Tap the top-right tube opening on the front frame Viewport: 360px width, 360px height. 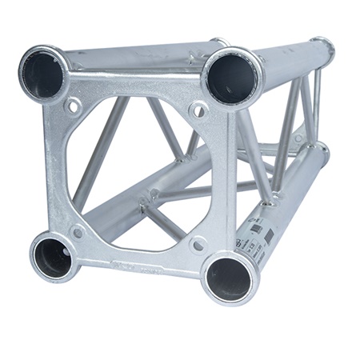(232, 78)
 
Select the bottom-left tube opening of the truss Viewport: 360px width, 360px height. (54, 255)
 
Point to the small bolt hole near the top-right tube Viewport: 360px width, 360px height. (197, 109)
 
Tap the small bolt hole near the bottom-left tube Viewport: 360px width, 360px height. (78, 233)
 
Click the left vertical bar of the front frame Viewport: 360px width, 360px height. (58, 168)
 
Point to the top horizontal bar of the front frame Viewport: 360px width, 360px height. (136, 83)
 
